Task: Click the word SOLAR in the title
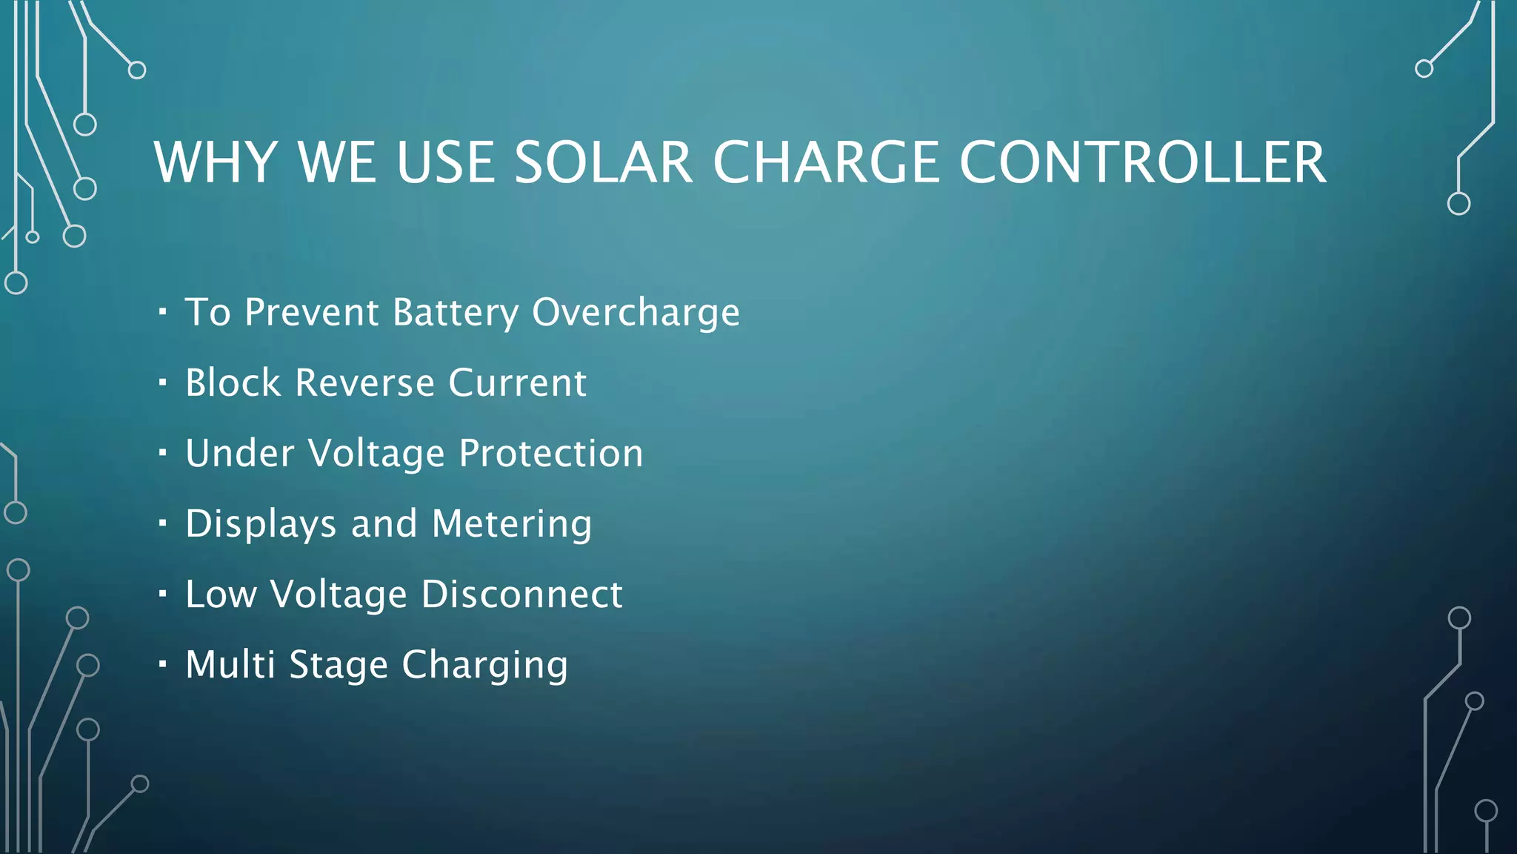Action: pyautogui.click(x=603, y=162)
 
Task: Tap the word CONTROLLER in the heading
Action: pyautogui.click(x=1142, y=162)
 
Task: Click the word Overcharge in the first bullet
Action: pyautogui.click(x=636, y=312)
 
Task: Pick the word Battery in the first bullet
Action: pyautogui.click(x=456, y=312)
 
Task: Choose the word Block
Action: pyautogui.click(x=233, y=383)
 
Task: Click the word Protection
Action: pyautogui.click(x=551, y=453)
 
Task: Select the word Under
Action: pyautogui.click(x=240, y=453)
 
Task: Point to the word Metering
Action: pyautogui.click(x=512, y=524)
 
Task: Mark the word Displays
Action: pyautogui.click(x=261, y=524)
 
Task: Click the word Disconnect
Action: pyautogui.click(x=522, y=594)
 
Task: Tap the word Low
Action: pyautogui.click(x=221, y=594)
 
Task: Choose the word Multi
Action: pyautogui.click(x=230, y=664)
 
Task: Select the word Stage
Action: pyautogui.click(x=339, y=665)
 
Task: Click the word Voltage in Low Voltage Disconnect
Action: pyautogui.click(x=339, y=594)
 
